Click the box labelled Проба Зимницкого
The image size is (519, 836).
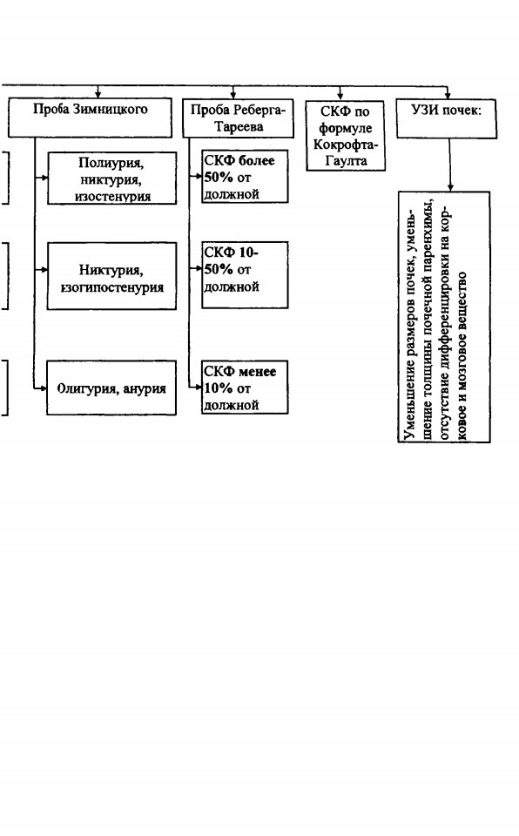click(x=91, y=118)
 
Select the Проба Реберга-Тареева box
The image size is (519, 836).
click(x=238, y=118)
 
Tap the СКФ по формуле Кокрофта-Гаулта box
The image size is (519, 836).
click(x=346, y=136)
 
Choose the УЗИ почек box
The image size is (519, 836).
click(x=447, y=118)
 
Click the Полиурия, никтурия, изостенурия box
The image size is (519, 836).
click(x=112, y=178)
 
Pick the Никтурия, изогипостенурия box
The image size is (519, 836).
click(x=112, y=276)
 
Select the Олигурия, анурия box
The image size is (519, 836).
click(x=111, y=388)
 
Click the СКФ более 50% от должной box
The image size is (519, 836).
click(x=245, y=177)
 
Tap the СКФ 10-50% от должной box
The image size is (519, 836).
click(x=245, y=275)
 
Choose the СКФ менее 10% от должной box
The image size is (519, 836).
click(x=245, y=388)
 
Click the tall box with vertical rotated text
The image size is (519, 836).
click(x=444, y=317)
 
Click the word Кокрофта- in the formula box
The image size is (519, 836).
click(x=346, y=145)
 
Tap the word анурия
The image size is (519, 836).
click(x=145, y=388)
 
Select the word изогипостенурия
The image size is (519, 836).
click(x=112, y=287)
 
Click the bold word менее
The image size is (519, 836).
click(x=258, y=372)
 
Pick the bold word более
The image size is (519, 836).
click(x=257, y=160)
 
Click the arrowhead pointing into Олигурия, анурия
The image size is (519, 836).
click(x=44, y=388)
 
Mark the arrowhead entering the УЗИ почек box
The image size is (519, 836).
click(x=447, y=95)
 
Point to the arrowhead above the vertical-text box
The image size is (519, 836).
click(x=450, y=188)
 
